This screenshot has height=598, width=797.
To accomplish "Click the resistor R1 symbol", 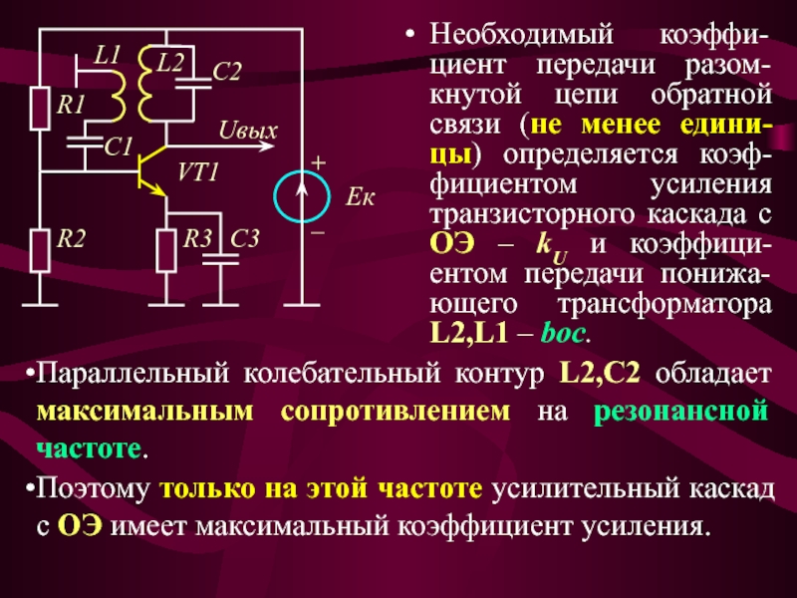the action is tap(40, 109).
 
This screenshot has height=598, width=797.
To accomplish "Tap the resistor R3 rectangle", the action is tap(166, 248).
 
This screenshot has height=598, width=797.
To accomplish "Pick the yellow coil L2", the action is tap(147, 84).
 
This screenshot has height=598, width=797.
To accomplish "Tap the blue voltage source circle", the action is tap(300, 194).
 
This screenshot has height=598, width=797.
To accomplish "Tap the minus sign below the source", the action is tap(318, 230).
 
